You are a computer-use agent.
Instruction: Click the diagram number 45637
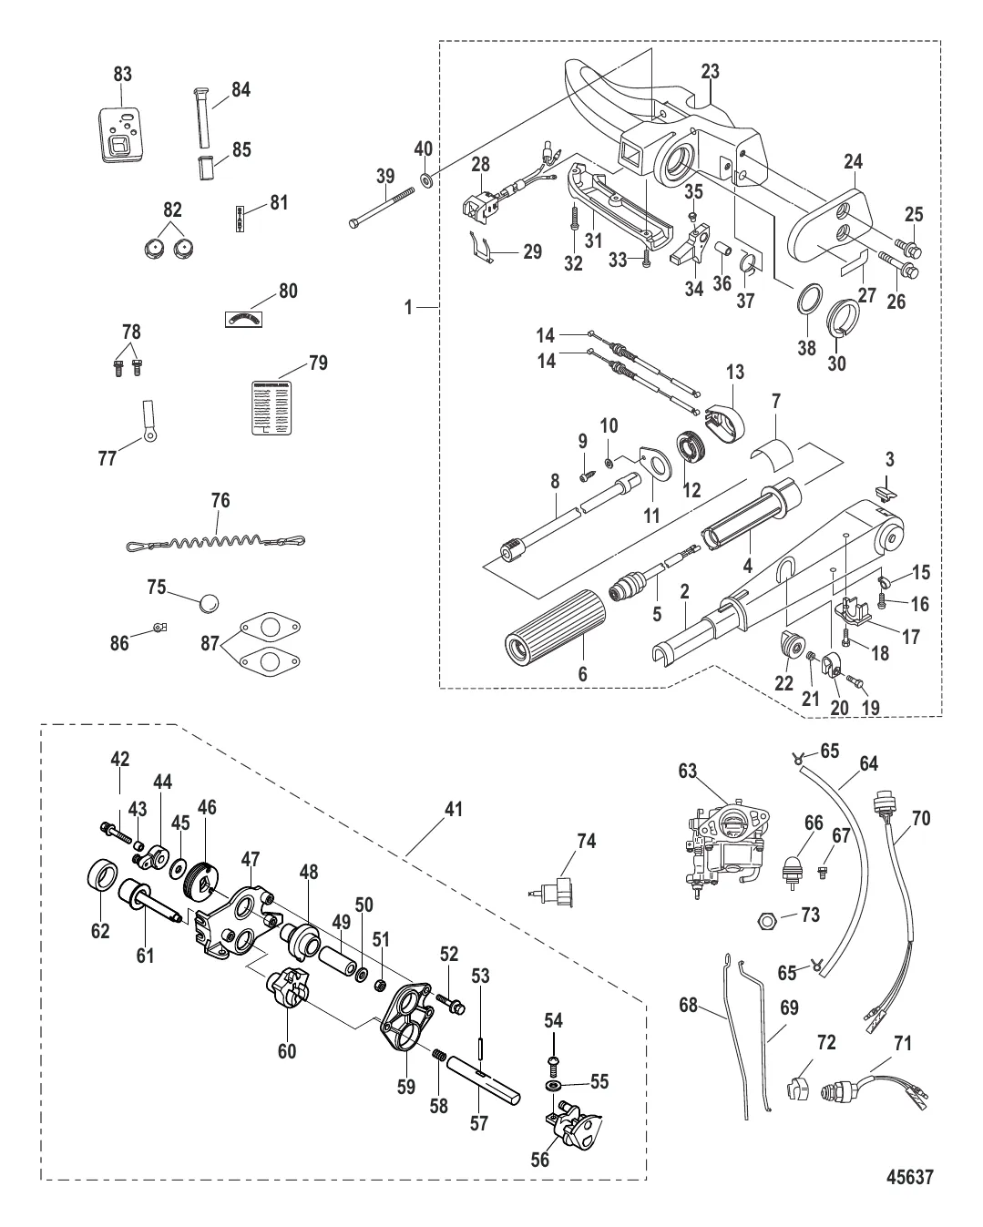910,1178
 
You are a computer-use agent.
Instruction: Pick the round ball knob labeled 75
209,603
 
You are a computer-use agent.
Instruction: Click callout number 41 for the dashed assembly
455,809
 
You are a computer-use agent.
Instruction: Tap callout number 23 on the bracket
711,70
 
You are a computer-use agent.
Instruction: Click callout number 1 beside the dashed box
410,308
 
